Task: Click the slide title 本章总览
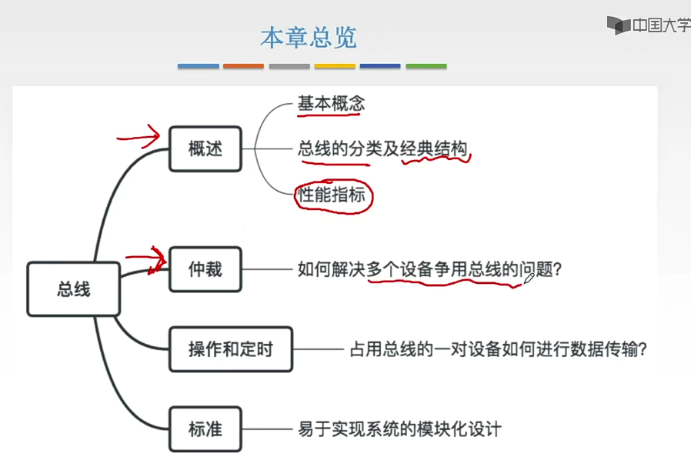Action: pos(309,38)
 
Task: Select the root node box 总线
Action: pos(74,289)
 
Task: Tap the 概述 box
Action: pos(205,148)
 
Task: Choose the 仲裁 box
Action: pos(205,269)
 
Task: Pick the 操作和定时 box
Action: pos(230,349)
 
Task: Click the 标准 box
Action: pos(205,428)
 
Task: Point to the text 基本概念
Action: pos(331,104)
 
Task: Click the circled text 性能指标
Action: pos(332,195)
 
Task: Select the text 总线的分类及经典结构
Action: pos(382,148)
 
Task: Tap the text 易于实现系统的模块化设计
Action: pos(399,428)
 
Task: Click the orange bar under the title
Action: pos(243,66)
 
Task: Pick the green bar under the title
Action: pos(426,66)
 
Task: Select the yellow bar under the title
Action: pos(335,66)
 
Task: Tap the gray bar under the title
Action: pos(289,66)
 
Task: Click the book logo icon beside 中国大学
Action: pos(618,25)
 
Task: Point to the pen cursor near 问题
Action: pos(529,278)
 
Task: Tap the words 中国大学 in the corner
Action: pos(661,25)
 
